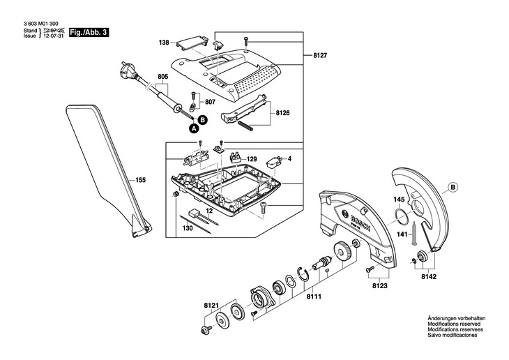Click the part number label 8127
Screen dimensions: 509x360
[x=320, y=56]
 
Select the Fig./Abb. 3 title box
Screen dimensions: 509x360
[x=89, y=33]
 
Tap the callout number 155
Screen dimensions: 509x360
[x=140, y=180]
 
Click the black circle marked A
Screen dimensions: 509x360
[x=194, y=128]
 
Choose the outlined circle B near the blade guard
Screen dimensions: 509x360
[x=453, y=188]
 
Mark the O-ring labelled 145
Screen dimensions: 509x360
[x=401, y=217]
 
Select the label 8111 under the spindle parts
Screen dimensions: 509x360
[x=314, y=297]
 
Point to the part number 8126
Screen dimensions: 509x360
[x=283, y=114]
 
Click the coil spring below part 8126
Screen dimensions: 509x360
[x=245, y=126]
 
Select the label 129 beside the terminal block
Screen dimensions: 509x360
[x=252, y=159]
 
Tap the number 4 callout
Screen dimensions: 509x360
[x=289, y=159]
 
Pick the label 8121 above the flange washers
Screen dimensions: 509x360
[x=211, y=306]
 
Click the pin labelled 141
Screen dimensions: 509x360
[x=415, y=234]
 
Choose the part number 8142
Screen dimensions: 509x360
[x=429, y=277]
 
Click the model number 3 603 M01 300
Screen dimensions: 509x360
[x=41, y=24]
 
